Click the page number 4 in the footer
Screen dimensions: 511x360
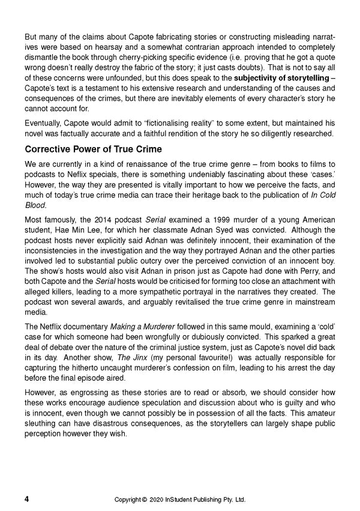pos(26,499)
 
